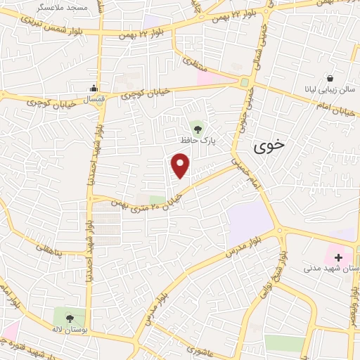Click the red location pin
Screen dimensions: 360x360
click(x=181, y=166)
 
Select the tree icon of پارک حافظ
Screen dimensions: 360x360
click(x=198, y=128)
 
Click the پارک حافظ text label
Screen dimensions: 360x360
click(x=197, y=141)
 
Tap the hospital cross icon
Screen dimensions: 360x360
click(x=339, y=258)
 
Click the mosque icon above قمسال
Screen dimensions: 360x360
click(x=94, y=89)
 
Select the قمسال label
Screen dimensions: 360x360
click(x=94, y=101)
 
